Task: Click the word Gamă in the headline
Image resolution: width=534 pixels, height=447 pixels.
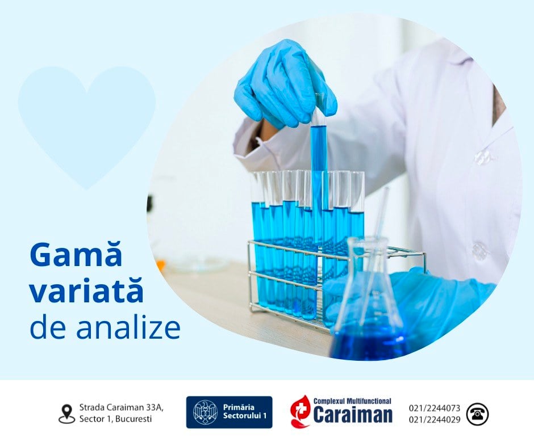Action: [x=76, y=255]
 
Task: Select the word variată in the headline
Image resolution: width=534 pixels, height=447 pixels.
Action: [x=86, y=291]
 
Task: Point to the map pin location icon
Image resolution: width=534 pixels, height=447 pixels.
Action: [x=66, y=414]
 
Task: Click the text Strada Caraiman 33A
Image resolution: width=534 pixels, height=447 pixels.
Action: [x=121, y=407]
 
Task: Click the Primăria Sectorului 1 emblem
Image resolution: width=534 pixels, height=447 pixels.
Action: [x=205, y=412]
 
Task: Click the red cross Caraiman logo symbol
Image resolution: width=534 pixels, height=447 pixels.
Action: [x=300, y=411]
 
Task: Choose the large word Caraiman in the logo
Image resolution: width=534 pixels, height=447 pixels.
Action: [x=353, y=415]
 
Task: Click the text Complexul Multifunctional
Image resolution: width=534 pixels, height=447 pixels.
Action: [x=352, y=401]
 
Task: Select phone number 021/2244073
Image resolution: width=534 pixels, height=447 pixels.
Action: [x=435, y=408]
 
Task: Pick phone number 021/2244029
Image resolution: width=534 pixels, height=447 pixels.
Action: [x=435, y=420]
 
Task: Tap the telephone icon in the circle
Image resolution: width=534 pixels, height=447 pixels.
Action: [x=477, y=414]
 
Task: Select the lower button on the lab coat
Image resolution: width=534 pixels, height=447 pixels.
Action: [x=480, y=250]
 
